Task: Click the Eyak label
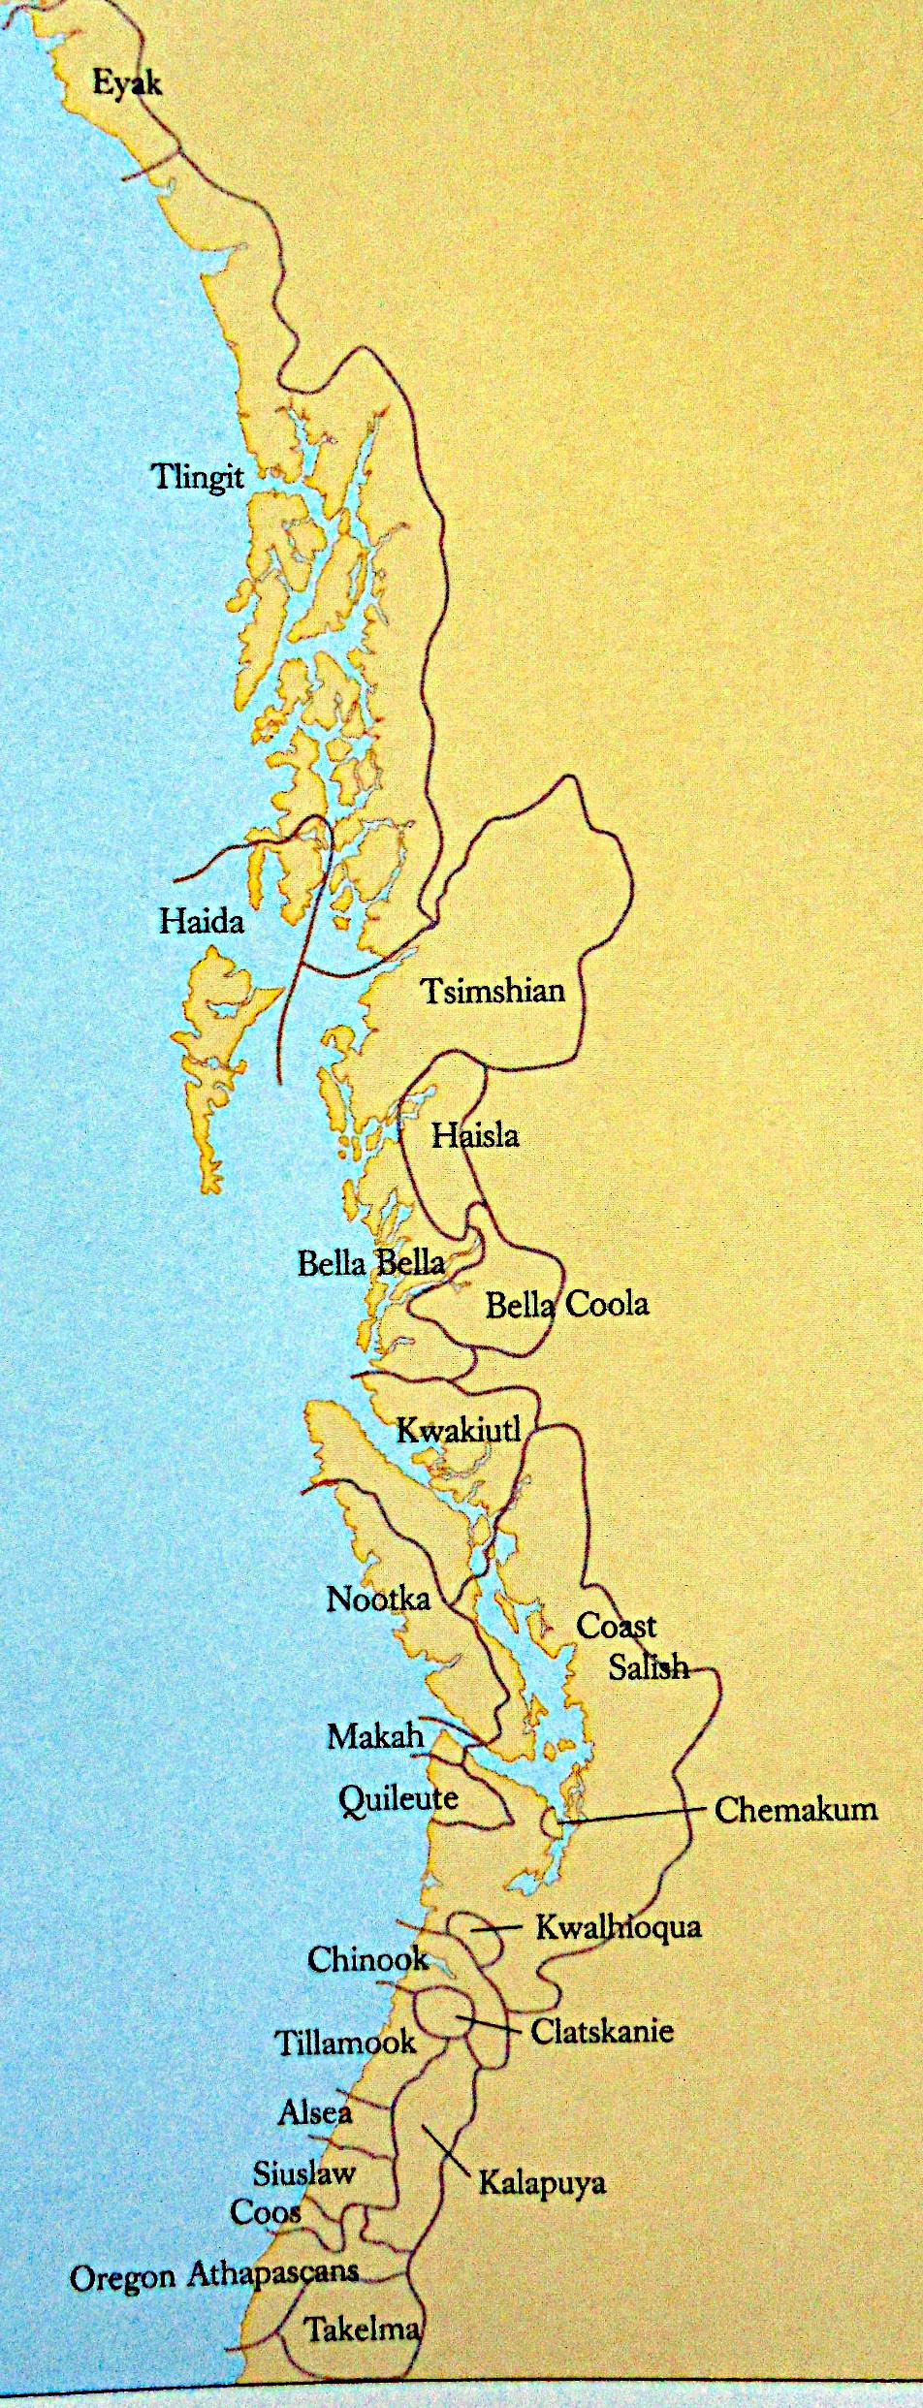[127, 82]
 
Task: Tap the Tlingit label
[198, 478]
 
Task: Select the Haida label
[202, 920]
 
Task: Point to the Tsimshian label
[493, 991]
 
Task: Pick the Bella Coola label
[567, 1305]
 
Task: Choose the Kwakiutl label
[460, 1430]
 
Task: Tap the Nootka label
[378, 1599]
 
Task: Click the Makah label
[376, 1736]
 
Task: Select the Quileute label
[398, 1799]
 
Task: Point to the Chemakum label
[795, 1809]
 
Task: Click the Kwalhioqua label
[619, 1926]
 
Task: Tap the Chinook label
[367, 1959]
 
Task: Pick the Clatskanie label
[602, 2030]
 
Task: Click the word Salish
[649, 1666]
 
